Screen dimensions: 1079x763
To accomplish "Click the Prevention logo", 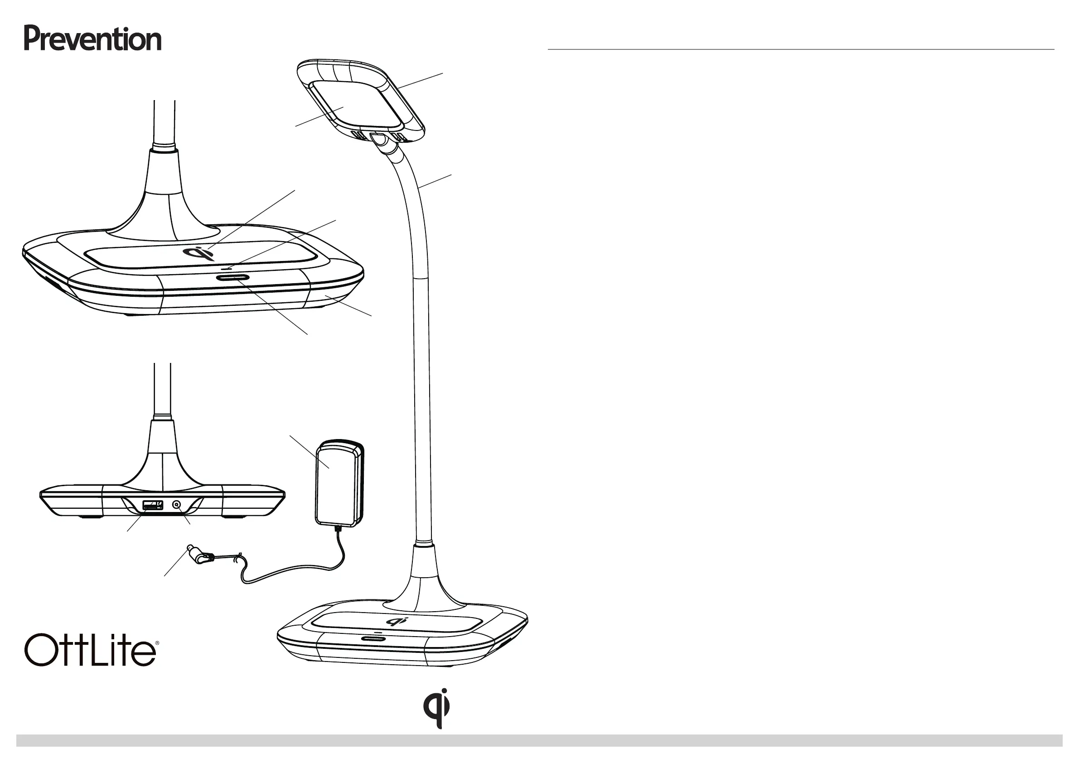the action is tap(92, 39).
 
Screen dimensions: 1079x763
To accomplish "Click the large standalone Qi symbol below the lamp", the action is tap(436, 708).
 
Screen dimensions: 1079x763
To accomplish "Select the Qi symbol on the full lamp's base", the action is tap(397, 621).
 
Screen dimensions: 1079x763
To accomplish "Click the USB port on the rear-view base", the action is tap(153, 506).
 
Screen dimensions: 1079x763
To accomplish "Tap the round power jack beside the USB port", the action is tap(177, 506).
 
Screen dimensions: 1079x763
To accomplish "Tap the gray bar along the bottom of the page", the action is tap(539, 741).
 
